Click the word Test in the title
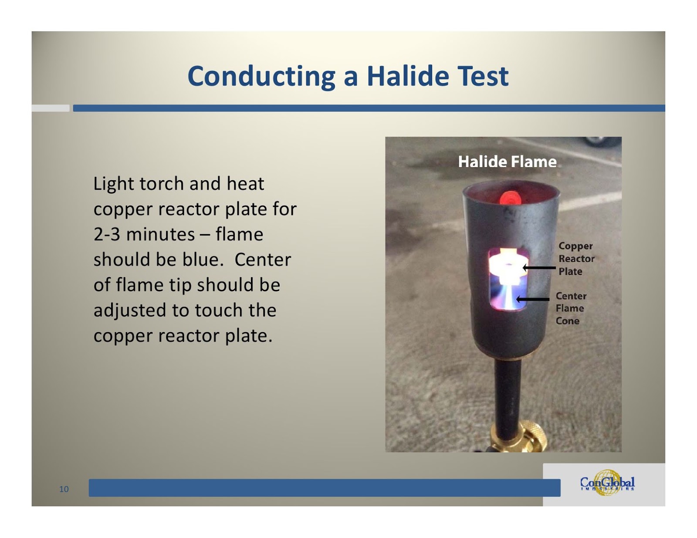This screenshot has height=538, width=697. click(482, 76)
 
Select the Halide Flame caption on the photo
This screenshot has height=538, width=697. click(507, 162)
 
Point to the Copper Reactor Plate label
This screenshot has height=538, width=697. click(576, 259)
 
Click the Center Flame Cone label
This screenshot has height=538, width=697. click(570, 308)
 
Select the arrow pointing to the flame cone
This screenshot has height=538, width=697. click(533, 299)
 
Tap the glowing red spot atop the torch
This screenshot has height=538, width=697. click(511, 198)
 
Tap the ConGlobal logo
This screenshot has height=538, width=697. click(607, 483)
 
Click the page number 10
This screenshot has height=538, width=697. click(64, 489)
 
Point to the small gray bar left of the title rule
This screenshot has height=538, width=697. click(51, 108)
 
